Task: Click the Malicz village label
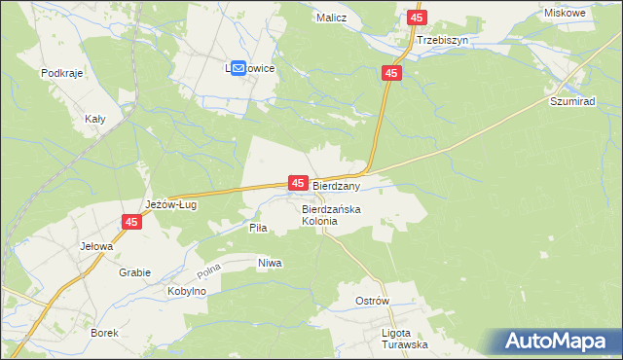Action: click(333, 18)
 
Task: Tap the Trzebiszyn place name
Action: click(442, 41)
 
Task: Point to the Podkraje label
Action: click(59, 73)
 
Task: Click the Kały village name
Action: click(94, 119)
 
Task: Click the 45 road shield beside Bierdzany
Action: click(298, 183)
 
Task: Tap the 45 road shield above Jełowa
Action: click(132, 223)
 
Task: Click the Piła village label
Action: click(258, 227)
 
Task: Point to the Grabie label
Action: click(134, 272)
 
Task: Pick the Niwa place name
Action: click(270, 263)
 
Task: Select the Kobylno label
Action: click(186, 292)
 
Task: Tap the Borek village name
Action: click(104, 333)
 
